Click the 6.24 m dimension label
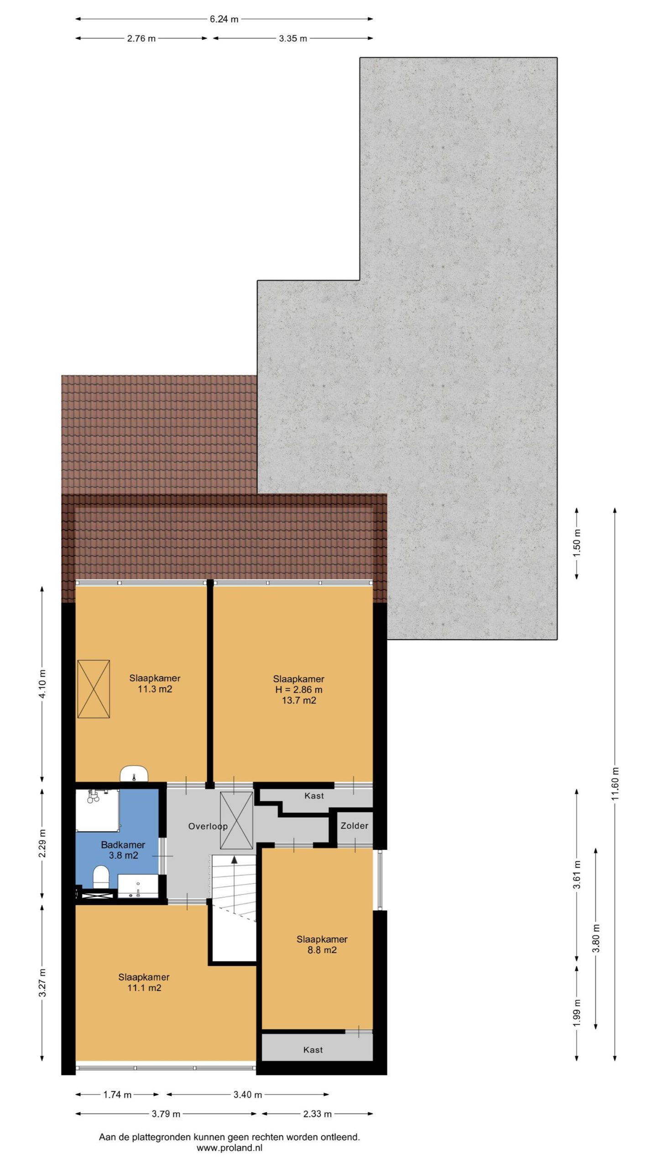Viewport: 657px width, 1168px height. [x=224, y=19]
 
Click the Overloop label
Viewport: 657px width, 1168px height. [x=208, y=826]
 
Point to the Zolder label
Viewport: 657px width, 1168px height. [x=355, y=825]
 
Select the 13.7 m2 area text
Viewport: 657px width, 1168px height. [x=299, y=700]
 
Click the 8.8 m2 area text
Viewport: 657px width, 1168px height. [x=322, y=950]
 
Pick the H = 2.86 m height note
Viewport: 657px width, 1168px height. [x=299, y=689]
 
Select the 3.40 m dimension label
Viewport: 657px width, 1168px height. [x=248, y=1095]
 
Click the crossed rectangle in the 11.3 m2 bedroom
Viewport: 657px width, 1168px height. [x=94, y=689]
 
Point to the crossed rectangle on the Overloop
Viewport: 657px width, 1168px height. [x=236, y=820]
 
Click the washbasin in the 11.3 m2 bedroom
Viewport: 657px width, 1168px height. [x=135, y=774]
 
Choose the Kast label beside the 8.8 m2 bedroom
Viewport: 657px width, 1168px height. [x=313, y=1050]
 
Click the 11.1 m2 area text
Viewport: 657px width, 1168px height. [x=144, y=988]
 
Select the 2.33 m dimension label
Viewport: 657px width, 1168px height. [x=318, y=1114]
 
